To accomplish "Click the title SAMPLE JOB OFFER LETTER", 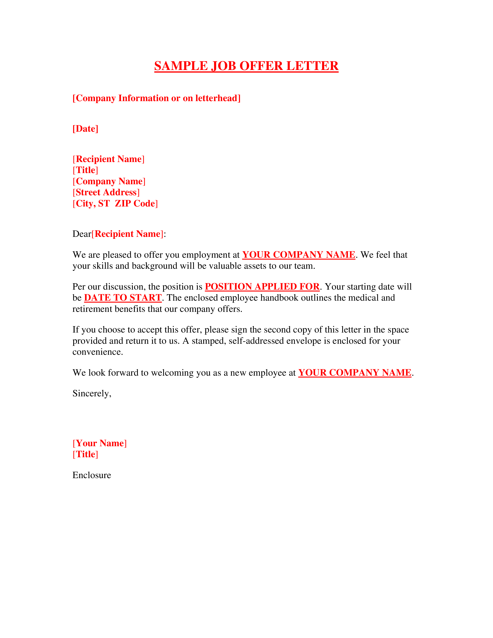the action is click(x=246, y=66).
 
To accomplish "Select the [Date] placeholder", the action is click(x=85, y=129).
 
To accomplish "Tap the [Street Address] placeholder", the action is click(x=106, y=192).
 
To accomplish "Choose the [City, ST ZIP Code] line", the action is click(x=115, y=203).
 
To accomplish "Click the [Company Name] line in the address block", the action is click(x=109, y=181).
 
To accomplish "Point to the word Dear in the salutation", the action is click(x=82, y=234).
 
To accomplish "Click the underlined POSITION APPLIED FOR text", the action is click(x=262, y=287).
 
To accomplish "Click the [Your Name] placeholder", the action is click(x=100, y=443).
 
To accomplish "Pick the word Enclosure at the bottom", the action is click(x=92, y=475).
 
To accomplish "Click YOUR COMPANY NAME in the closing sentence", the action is click(x=355, y=373).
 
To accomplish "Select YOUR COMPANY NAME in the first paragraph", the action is click(x=299, y=255).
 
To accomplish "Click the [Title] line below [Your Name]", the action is click(x=85, y=454).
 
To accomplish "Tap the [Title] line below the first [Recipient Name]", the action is click(x=85, y=170).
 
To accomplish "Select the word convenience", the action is click(x=98, y=352).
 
